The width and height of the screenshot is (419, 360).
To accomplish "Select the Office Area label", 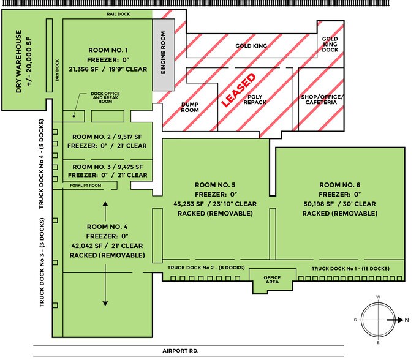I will click(x=272, y=280).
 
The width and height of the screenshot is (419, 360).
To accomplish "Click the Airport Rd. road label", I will click(x=181, y=351).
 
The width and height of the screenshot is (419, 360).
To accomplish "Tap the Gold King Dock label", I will click(x=330, y=44).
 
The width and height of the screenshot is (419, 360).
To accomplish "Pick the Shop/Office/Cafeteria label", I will click(x=322, y=100).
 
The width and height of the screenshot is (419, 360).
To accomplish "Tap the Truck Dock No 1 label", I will click(x=350, y=269).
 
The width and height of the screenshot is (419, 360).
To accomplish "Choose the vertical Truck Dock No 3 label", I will click(x=42, y=269).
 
